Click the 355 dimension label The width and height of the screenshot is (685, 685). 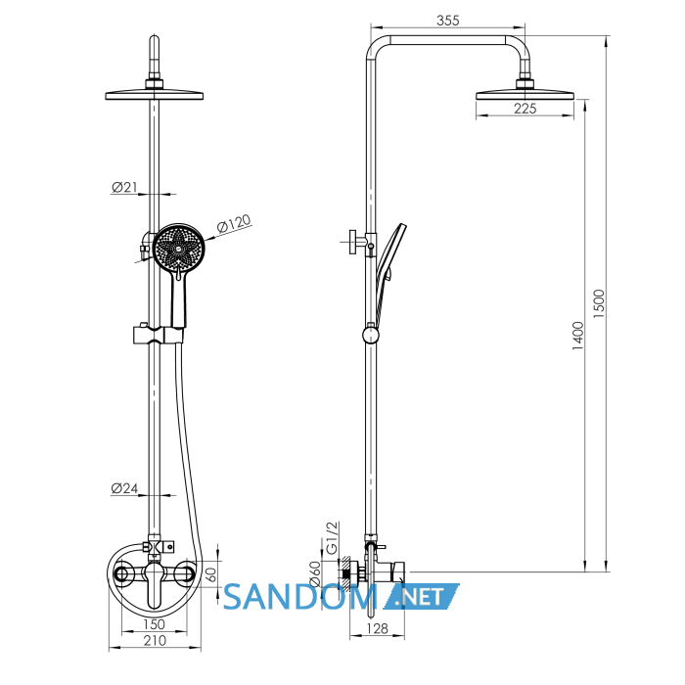coord(448,21)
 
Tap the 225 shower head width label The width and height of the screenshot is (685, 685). coord(525,109)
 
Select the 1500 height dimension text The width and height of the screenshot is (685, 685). coord(599,303)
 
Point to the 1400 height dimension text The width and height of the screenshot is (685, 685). coord(578,336)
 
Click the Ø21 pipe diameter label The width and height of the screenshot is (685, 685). coord(124,188)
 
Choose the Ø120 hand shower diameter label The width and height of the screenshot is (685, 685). coord(234,223)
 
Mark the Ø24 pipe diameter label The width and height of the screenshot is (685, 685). coord(124,488)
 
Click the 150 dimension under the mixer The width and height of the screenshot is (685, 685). coord(154,624)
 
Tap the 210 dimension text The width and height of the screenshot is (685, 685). coord(155,640)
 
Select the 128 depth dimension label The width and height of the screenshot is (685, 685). coord(377,628)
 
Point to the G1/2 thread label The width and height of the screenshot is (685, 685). coord(333,538)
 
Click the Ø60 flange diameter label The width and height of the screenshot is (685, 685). coord(315,573)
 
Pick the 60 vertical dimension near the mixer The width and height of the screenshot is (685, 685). coord(211,574)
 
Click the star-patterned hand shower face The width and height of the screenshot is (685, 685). coord(179,248)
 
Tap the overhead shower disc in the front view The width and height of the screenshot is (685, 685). coord(155,95)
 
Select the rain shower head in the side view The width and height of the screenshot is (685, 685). coord(525,95)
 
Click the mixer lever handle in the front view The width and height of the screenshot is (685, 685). coord(154,585)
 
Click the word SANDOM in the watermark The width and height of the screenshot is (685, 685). coord(299,597)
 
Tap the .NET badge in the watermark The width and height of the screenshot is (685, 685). coord(421,597)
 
